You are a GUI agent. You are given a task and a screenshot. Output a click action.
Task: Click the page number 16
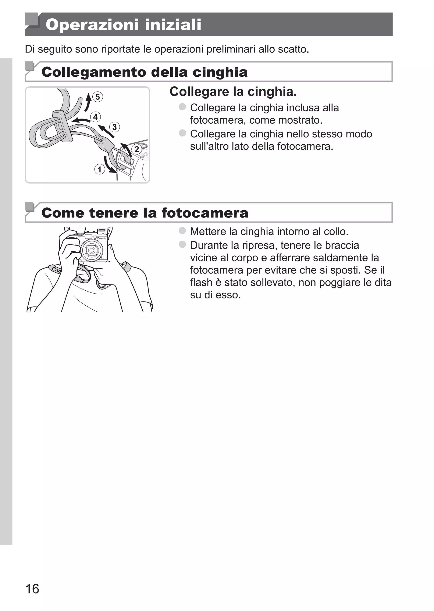point(32,589)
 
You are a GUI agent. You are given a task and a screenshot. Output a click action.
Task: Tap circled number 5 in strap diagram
point(97,97)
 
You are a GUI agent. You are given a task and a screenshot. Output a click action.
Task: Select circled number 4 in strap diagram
point(95,117)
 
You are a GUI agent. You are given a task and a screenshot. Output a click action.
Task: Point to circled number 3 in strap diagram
point(115,127)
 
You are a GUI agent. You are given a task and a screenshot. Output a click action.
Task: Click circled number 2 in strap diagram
point(136,149)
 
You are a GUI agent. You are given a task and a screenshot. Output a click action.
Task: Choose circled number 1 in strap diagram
point(99,169)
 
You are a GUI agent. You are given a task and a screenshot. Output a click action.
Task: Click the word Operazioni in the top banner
point(92,25)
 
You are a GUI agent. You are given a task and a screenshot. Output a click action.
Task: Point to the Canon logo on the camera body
point(101,238)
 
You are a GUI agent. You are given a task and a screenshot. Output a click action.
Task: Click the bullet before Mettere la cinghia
point(182,230)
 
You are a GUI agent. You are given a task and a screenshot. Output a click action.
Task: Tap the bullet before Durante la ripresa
point(182,244)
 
